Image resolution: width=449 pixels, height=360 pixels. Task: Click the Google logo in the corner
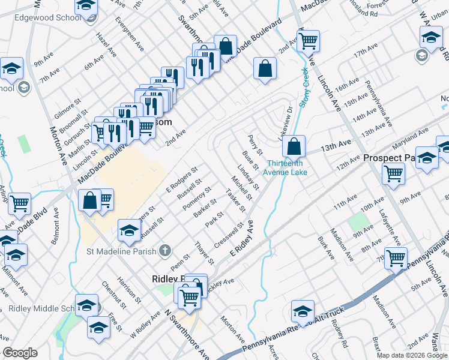(x=20, y=353)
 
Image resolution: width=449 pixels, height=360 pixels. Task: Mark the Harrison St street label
(x=129, y=289)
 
